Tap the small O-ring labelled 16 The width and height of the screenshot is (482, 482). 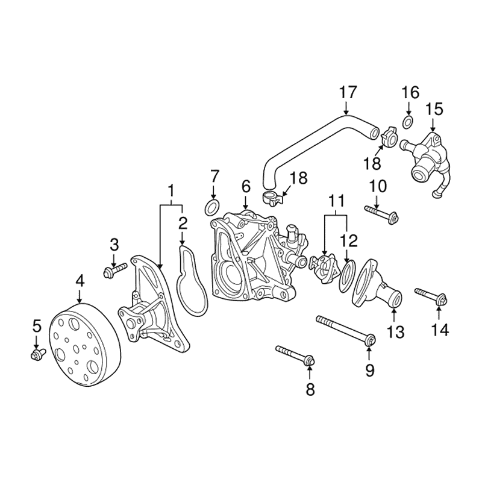pyautogui.click(x=408, y=123)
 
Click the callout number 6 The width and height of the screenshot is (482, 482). pyautogui.click(x=245, y=186)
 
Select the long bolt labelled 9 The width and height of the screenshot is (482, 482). pyautogui.click(x=344, y=331)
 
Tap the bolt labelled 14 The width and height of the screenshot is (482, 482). pyautogui.click(x=430, y=295)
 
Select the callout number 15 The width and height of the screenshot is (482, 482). pyautogui.click(x=434, y=109)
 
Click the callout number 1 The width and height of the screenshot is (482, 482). pyautogui.click(x=171, y=191)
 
